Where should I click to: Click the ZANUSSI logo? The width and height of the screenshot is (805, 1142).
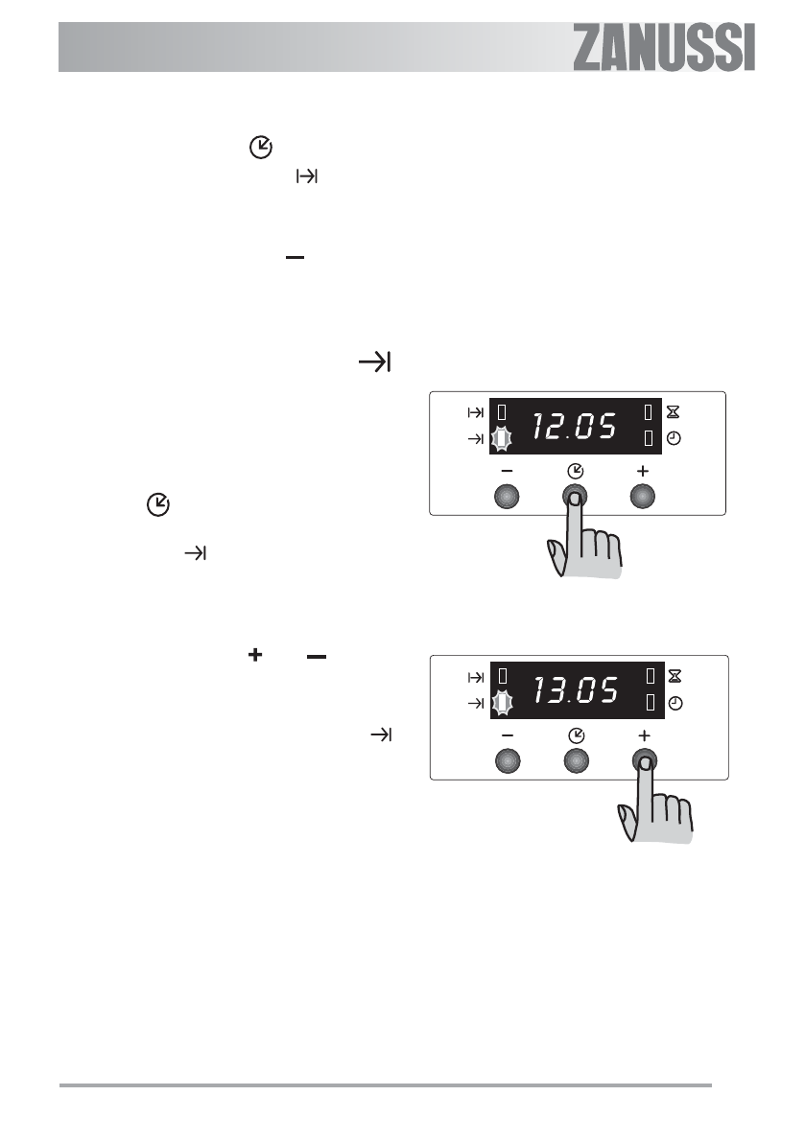click(664, 47)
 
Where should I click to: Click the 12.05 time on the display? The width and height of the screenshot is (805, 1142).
click(575, 426)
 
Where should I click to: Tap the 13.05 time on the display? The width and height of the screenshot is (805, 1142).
click(577, 689)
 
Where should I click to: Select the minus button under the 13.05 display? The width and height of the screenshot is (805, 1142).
click(508, 761)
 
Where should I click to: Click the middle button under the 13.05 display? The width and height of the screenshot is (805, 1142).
click(577, 761)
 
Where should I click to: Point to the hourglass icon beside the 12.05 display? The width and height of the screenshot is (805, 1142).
click(674, 412)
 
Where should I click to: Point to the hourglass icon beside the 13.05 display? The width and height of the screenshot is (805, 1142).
click(675, 677)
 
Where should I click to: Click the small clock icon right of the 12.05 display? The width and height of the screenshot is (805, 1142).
click(674, 438)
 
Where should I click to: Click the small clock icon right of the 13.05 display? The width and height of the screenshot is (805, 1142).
click(675, 704)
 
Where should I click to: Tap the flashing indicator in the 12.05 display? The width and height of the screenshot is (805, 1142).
click(501, 438)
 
